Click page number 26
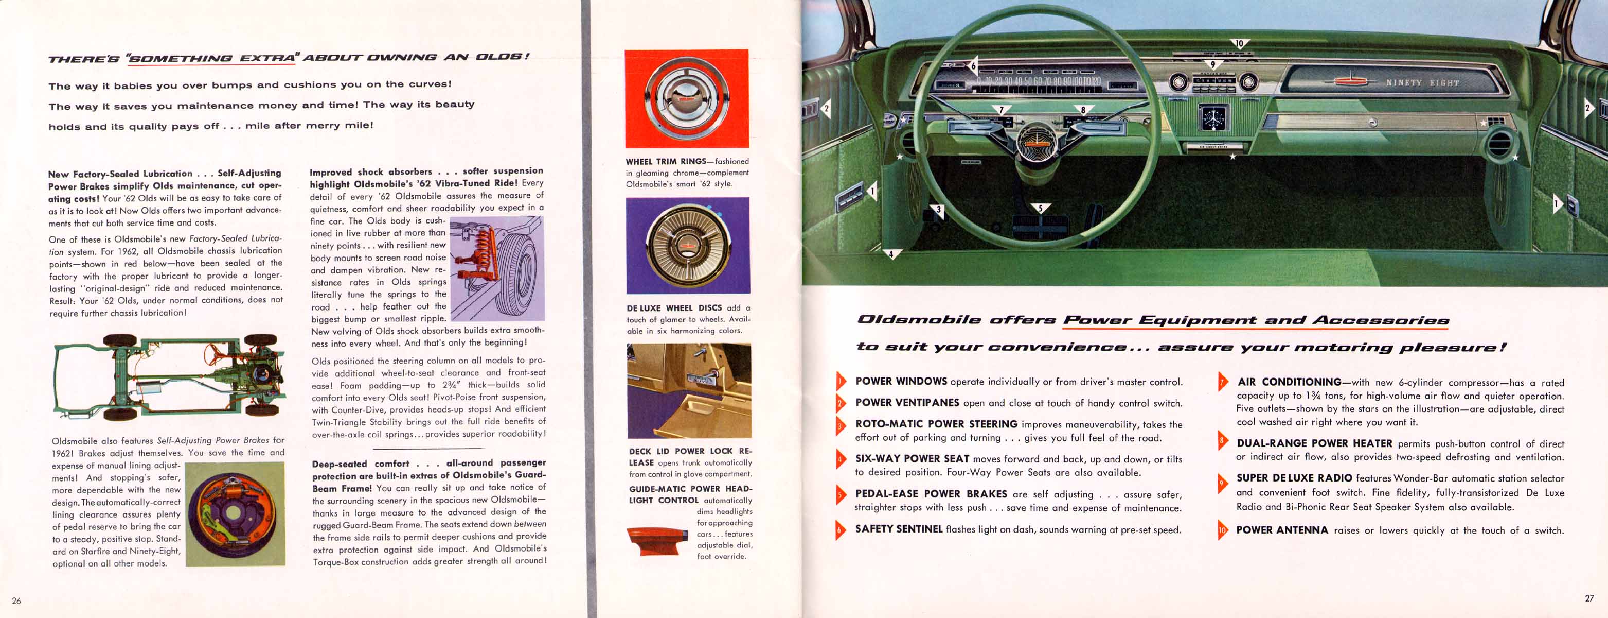16,600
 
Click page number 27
1589,598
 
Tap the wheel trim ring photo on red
687,99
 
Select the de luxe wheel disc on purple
688,245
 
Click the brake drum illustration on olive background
235,513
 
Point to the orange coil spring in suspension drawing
483,250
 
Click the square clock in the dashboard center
1212,117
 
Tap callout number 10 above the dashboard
1239,43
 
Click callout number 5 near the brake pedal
1040,208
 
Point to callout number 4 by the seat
891,254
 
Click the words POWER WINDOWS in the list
901,381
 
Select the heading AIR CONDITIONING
1289,382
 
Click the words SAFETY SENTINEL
898,528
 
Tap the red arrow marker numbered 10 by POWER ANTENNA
1222,530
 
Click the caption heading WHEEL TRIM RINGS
666,161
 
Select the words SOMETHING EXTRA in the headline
210,58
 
